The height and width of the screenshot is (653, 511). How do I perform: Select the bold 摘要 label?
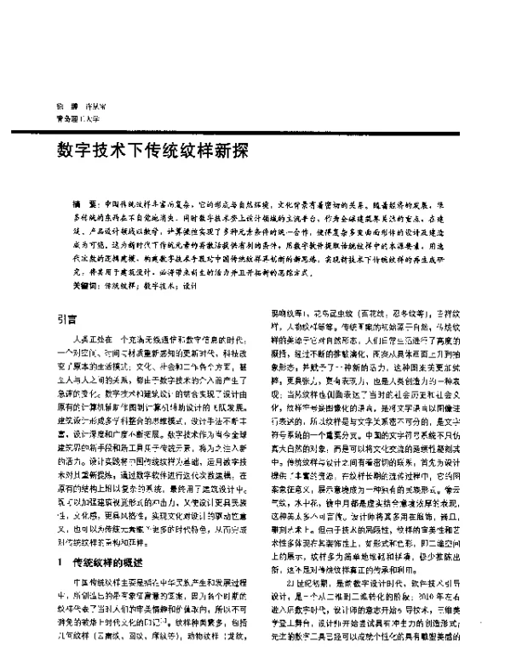click(x=84, y=206)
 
